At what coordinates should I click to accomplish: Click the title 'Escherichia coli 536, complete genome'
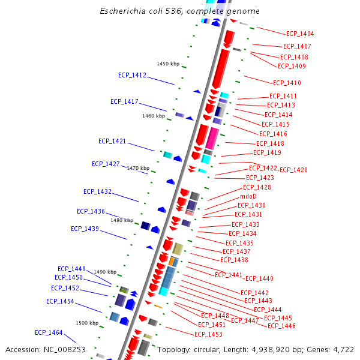(180, 11)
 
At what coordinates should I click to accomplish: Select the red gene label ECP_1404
(300, 34)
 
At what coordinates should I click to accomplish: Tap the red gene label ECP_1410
(287, 83)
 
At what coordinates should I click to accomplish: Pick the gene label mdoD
(248, 196)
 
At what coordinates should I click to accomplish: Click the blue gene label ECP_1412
(132, 75)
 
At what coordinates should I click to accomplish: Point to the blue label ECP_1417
(124, 101)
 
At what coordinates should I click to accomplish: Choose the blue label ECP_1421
(112, 141)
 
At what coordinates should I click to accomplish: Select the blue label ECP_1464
(49, 332)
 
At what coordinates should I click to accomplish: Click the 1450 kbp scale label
(168, 64)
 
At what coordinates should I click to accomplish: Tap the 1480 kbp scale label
(122, 220)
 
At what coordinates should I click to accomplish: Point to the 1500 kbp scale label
(86, 323)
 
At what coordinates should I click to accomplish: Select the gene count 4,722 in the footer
(342, 349)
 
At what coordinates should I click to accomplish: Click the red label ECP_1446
(281, 326)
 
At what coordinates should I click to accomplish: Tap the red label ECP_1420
(293, 170)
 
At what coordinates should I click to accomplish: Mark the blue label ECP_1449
(71, 269)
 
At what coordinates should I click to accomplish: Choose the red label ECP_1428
(257, 187)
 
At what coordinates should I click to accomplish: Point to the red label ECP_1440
(259, 278)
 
